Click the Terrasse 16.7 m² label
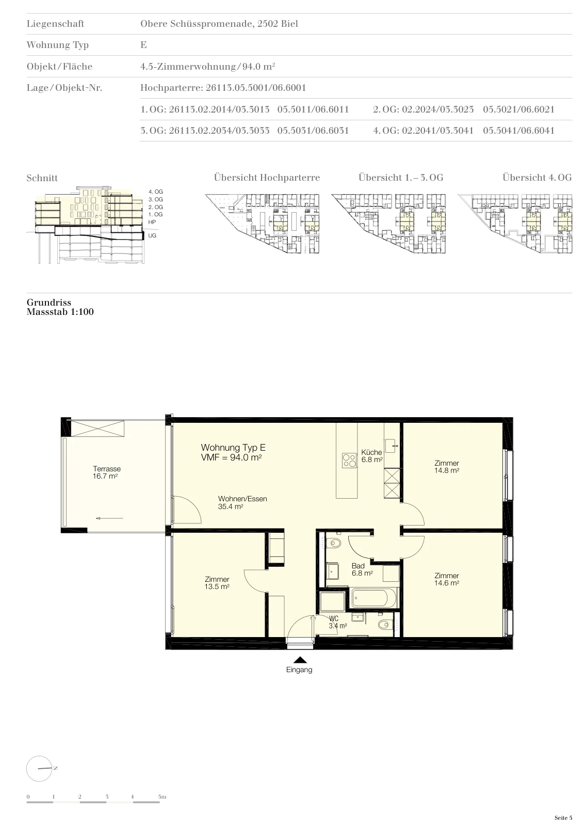pos(106,472)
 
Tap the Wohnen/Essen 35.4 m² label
pos(242,503)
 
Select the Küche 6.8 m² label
pos(371,456)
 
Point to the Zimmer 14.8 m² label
pos(447,467)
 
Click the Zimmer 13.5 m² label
pos(217,583)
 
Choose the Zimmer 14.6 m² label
pos(447,579)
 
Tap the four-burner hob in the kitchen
pos(349,460)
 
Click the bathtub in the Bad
pos(374,598)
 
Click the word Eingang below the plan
pos(299,670)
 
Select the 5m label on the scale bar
pos(162,797)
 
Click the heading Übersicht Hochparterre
pos(267,178)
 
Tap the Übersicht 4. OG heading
pos(537,178)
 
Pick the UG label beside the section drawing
pos(152,235)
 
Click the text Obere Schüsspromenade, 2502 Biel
pos(219,24)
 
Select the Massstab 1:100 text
pos(60,312)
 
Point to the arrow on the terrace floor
pos(109,518)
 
